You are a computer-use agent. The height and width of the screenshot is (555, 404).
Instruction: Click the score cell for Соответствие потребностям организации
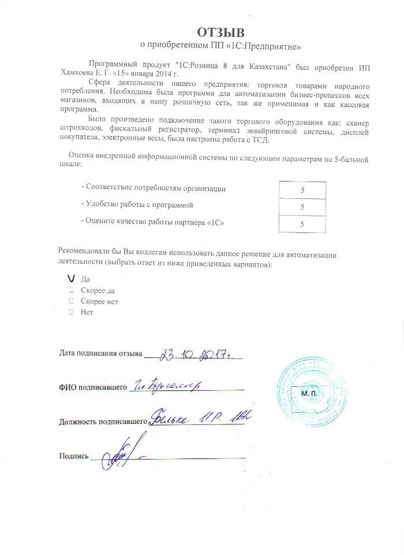tap(303, 190)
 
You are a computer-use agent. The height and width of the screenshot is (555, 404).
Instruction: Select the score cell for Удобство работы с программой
tap(303, 206)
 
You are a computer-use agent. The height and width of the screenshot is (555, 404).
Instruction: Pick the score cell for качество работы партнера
tap(303, 223)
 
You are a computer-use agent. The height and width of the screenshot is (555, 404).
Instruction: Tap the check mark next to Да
tap(71, 279)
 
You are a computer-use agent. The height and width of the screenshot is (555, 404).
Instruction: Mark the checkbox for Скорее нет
tap(71, 301)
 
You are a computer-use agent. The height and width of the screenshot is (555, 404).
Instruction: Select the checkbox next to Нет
tap(71, 312)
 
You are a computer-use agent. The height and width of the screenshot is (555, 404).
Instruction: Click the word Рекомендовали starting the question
tap(85, 253)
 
